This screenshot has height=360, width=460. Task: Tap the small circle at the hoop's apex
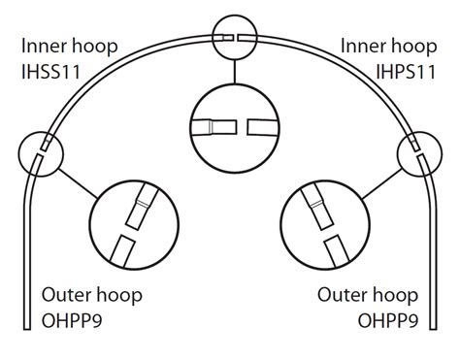pos(236,35)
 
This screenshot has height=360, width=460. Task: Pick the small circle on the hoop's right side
pos(418,152)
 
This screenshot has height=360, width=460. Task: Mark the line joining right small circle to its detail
pos(383,180)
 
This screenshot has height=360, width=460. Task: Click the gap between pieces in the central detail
pos(243,127)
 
